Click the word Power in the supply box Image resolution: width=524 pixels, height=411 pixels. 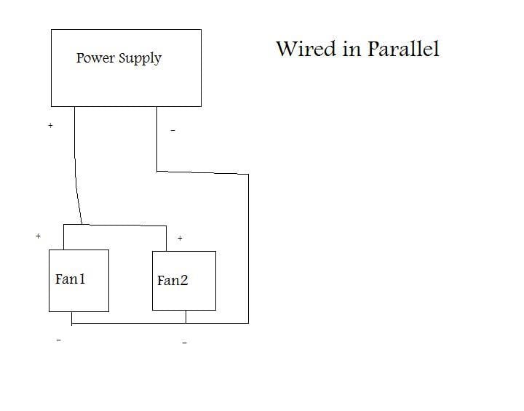pos(95,57)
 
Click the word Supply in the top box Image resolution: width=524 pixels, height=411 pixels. pos(140,58)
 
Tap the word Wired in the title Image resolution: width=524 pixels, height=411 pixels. pos(306,49)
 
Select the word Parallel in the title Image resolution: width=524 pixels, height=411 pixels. pos(403,49)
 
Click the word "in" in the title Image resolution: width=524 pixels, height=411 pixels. pos(352,49)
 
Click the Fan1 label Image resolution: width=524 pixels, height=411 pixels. pos(70,279)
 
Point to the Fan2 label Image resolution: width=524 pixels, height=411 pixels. pos(172,280)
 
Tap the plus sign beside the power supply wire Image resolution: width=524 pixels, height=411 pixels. pos(50,125)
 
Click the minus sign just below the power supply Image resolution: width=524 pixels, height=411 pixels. pos(172,130)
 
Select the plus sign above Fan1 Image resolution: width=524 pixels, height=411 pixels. pos(38,236)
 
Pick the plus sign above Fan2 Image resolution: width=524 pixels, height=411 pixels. pos(180,238)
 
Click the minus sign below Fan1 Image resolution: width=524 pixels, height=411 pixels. pos(59,340)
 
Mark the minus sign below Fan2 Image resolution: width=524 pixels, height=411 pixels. pos(184,343)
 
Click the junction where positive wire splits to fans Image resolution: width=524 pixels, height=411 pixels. pos(82,224)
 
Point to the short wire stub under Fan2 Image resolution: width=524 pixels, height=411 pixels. pos(186,316)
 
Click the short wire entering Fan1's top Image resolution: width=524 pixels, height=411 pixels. pos(63,237)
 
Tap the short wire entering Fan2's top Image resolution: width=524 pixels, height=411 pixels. pos(166,239)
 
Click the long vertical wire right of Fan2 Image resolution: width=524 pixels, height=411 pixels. pos(248,249)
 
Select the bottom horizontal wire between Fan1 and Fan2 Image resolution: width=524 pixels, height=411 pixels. pos(129,323)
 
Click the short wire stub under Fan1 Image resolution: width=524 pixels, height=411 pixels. pos(71,319)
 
